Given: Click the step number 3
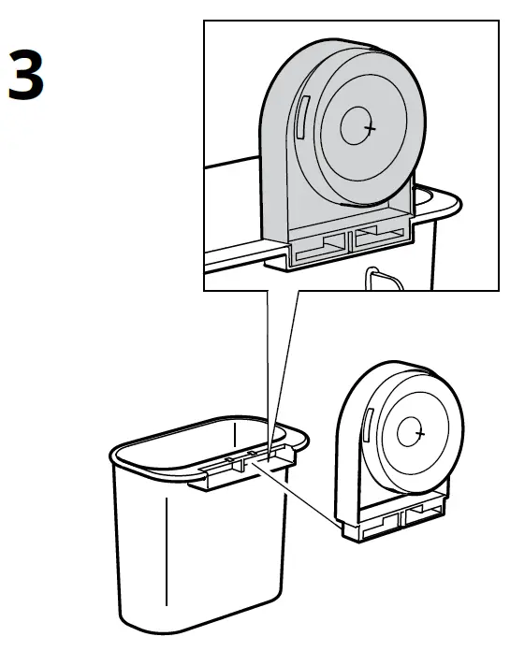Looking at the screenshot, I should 25,78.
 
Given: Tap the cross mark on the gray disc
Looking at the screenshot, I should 371,128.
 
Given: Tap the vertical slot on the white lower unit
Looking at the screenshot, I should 369,425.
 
